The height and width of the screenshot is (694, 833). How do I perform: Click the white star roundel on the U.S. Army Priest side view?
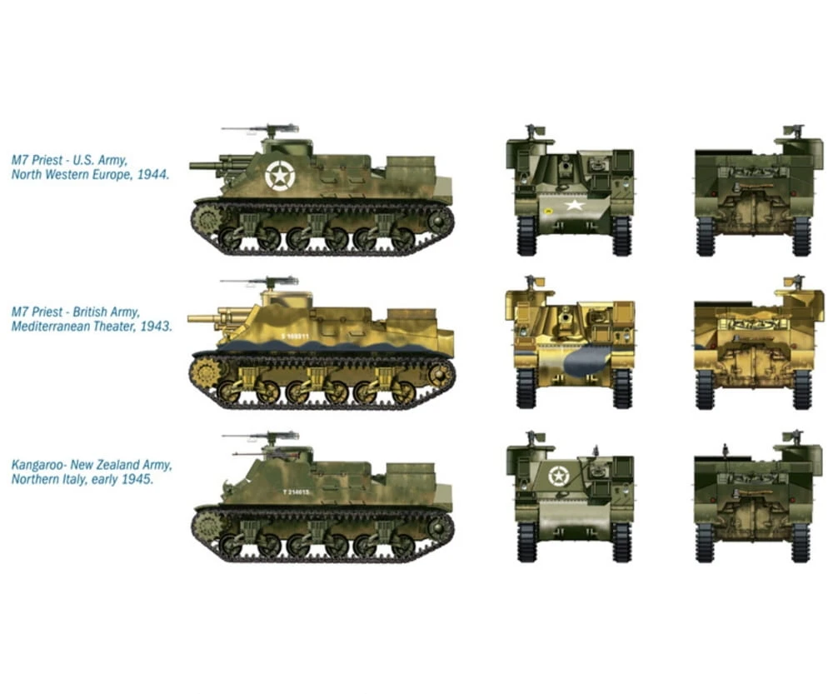[279, 175]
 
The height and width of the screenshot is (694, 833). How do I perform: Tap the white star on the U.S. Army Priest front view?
[573, 204]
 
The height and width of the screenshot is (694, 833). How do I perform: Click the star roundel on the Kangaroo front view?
[559, 476]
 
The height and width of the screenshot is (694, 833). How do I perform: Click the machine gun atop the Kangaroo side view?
[258, 436]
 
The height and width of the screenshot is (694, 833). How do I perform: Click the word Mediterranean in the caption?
[47, 327]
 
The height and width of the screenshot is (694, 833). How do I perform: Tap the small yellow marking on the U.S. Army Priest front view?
[549, 211]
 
